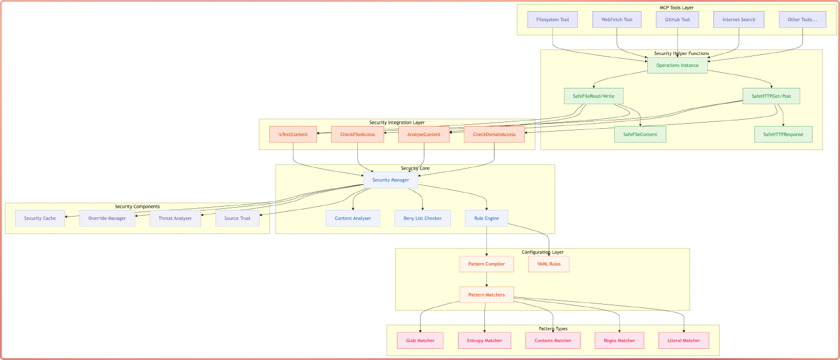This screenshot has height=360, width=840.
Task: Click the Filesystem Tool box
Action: click(552, 20)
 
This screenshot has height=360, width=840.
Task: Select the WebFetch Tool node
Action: click(617, 20)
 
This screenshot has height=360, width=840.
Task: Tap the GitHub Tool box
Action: click(677, 20)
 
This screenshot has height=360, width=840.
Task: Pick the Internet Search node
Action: click(739, 20)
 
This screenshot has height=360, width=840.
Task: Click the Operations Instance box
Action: click(677, 66)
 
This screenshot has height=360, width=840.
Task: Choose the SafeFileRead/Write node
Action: click(594, 96)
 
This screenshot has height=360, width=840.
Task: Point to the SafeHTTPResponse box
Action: click(783, 134)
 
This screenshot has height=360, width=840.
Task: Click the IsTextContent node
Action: click(293, 134)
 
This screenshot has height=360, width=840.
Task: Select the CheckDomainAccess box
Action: click(494, 134)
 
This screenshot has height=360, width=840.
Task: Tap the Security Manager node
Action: click(390, 180)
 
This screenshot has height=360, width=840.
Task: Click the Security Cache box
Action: click(40, 218)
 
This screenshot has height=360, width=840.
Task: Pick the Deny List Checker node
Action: click(422, 218)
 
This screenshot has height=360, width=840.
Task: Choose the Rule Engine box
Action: click(486, 218)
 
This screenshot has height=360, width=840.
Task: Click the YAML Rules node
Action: click(548, 264)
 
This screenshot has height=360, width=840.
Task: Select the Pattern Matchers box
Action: click(486, 295)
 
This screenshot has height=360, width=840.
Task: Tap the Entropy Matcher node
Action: click(484, 340)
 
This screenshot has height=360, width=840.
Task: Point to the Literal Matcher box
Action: click(684, 340)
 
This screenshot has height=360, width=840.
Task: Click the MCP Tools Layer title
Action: click(676, 7)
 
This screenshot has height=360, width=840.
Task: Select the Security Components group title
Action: click(137, 207)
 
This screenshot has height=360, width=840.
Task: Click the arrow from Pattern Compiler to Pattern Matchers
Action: click(486, 279)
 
